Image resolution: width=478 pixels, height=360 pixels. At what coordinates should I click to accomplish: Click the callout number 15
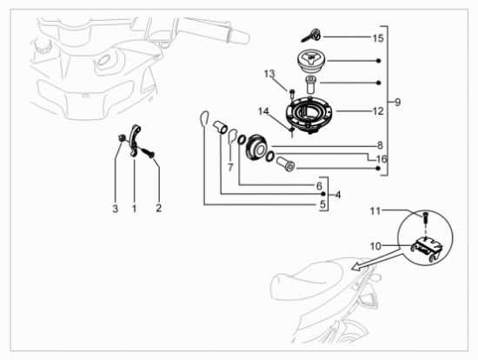click(x=378, y=38)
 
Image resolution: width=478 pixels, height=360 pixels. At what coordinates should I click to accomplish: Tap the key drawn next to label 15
click(x=311, y=36)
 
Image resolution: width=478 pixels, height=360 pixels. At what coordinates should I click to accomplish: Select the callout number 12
click(x=378, y=111)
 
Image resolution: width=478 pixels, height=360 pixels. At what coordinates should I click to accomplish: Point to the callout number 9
click(x=397, y=103)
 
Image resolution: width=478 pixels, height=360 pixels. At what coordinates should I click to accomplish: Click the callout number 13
click(x=269, y=74)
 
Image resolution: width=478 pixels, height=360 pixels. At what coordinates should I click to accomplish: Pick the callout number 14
click(x=263, y=111)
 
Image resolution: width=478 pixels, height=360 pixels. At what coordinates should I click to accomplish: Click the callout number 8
click(x=380, y=145)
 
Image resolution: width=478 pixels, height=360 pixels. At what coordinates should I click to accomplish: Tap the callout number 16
click(x=382, y=159)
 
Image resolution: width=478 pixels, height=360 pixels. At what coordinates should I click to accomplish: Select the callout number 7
click(x=230, y=167)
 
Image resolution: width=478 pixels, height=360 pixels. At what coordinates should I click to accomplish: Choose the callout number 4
click(x=338, y=195)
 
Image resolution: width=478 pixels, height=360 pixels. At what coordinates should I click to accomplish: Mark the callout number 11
click(x=375, y=211)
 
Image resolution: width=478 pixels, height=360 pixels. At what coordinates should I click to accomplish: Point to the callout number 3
click(x=115, y=209)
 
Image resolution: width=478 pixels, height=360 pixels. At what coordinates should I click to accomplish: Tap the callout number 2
click(x=158, y=208)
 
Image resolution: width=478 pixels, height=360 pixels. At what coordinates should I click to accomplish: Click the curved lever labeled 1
click(x=134, y=140)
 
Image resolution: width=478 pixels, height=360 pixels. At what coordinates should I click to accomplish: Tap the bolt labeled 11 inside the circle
click(x=425, y=217)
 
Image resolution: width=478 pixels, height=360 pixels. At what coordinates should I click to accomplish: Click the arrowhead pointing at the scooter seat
click(x=356, y=266)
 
